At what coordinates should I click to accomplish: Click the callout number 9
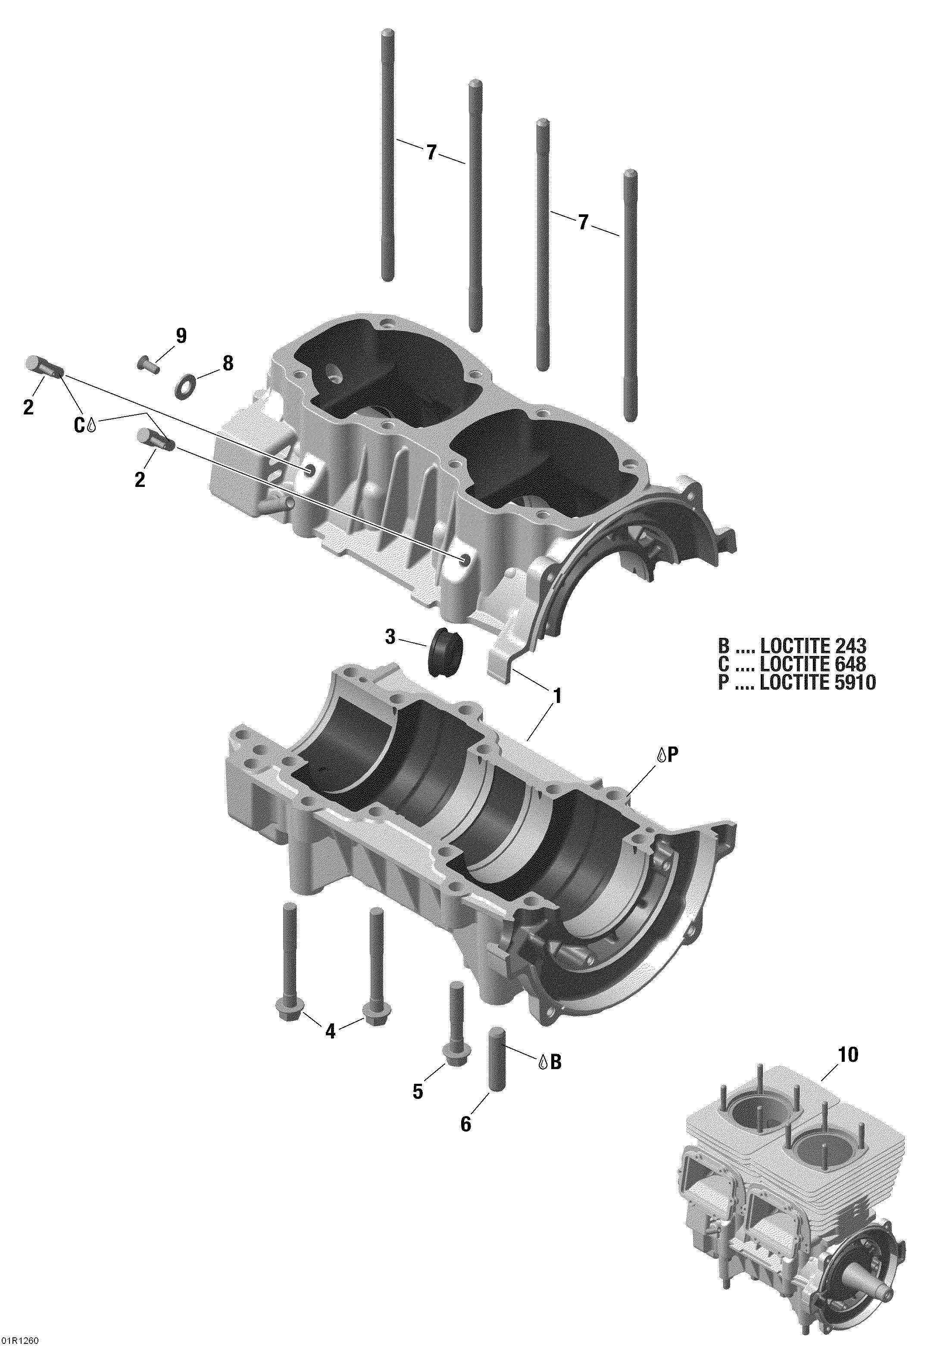tap(181, 336)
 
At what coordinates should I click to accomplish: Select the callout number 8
tap(228, 364)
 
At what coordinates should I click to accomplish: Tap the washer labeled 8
tap(184, 388)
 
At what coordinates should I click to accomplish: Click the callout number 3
tap(390, 637)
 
